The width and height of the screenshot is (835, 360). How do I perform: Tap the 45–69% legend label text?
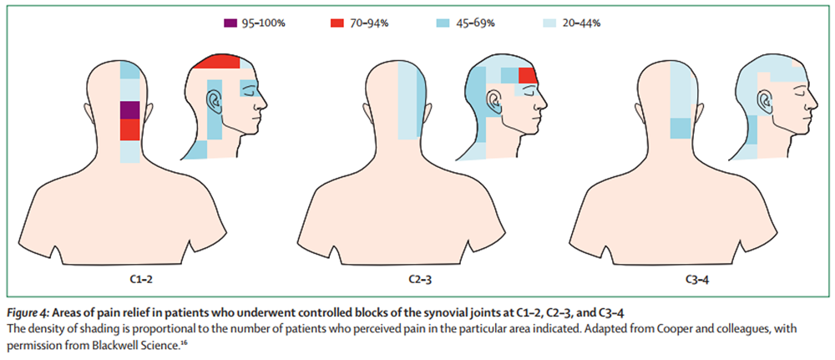[476, 23]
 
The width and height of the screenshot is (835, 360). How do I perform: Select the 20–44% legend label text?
[582, 23]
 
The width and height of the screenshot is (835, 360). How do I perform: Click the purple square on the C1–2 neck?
[129, 110]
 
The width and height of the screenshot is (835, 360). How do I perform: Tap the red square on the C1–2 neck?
[129, 130]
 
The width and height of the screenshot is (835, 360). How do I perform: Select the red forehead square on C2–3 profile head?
[527, 77]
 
